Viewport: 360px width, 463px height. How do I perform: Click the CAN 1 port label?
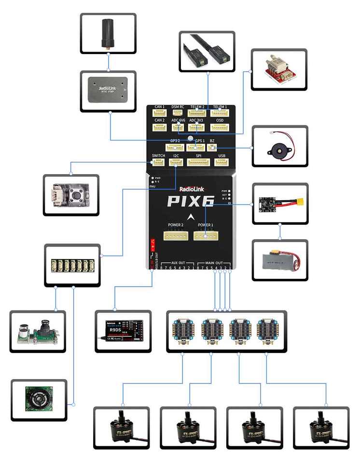(x=160, y=107)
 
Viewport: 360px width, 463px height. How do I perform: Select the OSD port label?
(x=220, y=120)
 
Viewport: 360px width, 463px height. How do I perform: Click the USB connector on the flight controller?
(x=222, y=162)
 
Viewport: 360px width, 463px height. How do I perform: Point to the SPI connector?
(x=198, y=162)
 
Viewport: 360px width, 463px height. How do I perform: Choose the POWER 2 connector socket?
(x=176, y=236)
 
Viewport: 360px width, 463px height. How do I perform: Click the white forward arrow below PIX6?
(x=192, y=216)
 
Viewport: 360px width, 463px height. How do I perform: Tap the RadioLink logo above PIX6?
(x=191, y=190)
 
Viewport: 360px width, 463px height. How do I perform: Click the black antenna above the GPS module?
(x=108, y=33)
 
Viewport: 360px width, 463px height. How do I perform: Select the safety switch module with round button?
(x=71, y=195)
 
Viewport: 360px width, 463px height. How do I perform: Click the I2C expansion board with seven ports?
(x=72, y=265)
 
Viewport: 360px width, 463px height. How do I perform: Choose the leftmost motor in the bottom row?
(x=121, y=429)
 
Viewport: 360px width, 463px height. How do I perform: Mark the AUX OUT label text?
(x=179, y=263)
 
